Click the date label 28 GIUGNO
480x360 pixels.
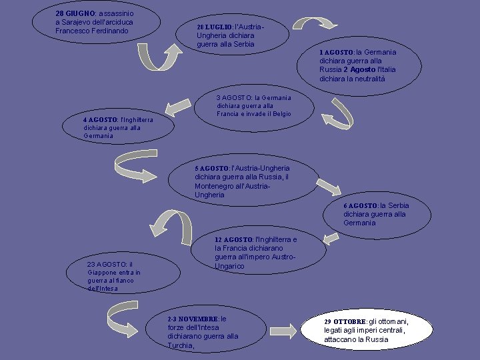[75, 13]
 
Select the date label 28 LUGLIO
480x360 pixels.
[213, 27]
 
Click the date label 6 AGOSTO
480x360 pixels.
[360, 205]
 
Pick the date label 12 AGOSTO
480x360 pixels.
[233, 239]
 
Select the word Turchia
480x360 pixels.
[180, 345]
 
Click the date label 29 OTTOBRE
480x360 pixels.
[345, 321]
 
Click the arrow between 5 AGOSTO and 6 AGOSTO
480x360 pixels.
[328, 187]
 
